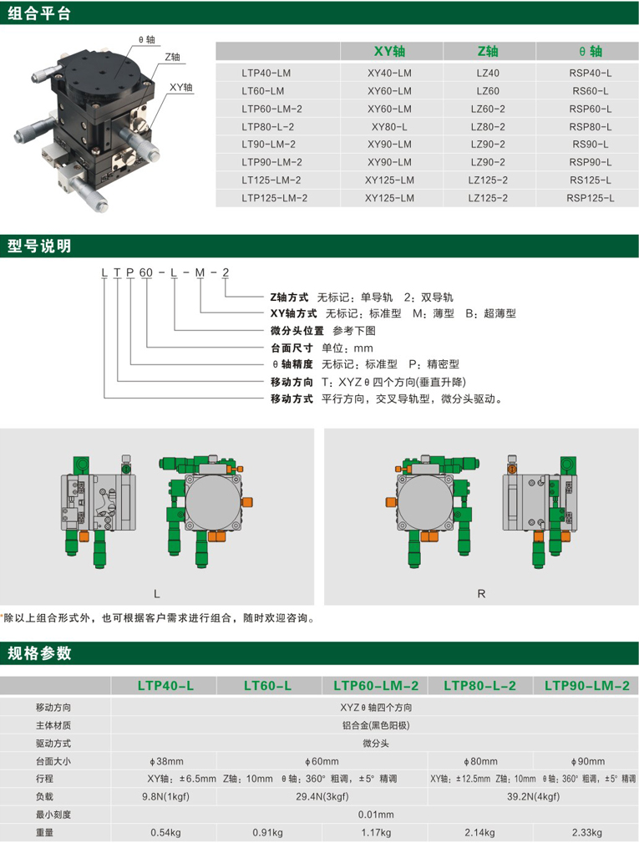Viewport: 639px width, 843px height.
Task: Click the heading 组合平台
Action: pos(38,13)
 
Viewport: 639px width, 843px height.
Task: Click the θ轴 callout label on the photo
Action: pos(146,40)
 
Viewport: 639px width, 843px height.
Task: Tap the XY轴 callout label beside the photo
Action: pos(180,87)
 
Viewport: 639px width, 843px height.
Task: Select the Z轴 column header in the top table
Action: pos(488,52)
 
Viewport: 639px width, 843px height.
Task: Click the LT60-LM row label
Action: pos(263,91)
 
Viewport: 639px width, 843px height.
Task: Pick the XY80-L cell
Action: pos(389,127)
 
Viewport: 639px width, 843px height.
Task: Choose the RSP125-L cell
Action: pos(590,198)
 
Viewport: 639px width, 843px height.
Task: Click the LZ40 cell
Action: pos(488,74)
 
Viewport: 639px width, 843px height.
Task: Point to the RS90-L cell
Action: pos(590,144)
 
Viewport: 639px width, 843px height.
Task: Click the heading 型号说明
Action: pos(38,246)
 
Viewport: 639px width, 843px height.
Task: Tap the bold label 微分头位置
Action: pos(297,331)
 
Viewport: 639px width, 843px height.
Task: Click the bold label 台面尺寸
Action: pos(292,348)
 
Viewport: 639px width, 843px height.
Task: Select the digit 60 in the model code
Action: pos(146,272)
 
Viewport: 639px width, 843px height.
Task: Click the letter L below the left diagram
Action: pos(157,594)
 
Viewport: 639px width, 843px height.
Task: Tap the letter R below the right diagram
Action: pos(481,594)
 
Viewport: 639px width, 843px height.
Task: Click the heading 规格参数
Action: pos(38,653)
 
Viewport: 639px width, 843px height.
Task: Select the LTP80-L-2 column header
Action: pos(480,685)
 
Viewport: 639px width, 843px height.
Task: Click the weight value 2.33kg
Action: pos(587,832)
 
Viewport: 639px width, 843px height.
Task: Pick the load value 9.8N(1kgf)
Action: pos(165,796)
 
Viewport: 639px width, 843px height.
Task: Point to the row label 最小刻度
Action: pos(53,815)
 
